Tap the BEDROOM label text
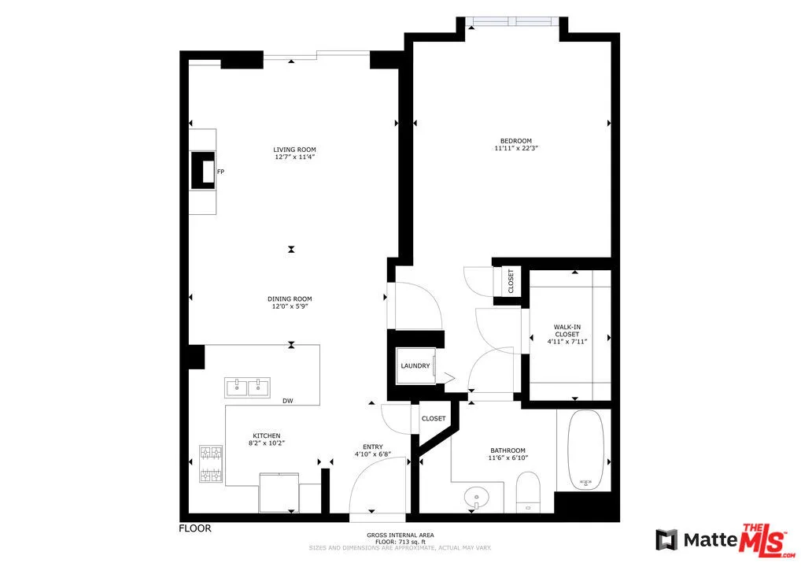[515, 141]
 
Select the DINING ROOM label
[290, 298]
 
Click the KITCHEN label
[266, 435]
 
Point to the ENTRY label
[372, 447]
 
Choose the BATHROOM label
[508, 450]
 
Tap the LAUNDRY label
[415, 366]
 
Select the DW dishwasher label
[288, 402]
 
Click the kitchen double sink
[247, 387]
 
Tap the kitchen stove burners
[212, 463]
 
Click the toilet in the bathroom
[526, 490]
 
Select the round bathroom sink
[476, 497]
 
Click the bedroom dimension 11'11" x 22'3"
[515, 148]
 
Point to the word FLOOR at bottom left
[195, 528]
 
